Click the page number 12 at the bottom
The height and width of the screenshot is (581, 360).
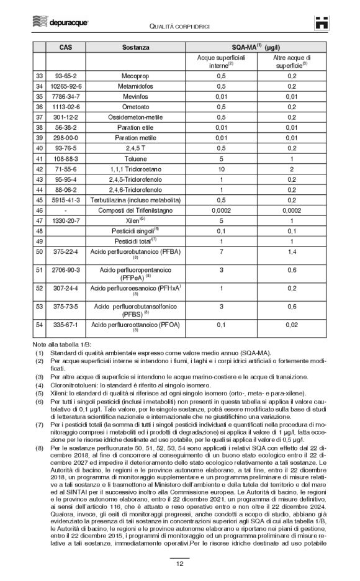(x=179, y=564)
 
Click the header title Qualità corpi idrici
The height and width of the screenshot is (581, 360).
(x=180, y=24)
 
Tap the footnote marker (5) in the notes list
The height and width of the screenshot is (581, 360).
(x=39, y=393)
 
